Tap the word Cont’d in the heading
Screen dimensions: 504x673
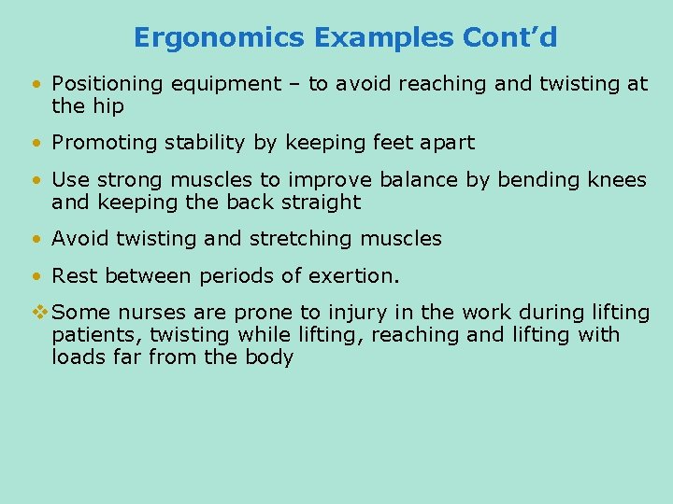pos(509,37)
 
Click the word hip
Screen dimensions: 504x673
pos(107,106)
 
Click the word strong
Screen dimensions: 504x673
pos(134,179)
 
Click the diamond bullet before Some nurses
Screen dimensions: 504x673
pos(38,312)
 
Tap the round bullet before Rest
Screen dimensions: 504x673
pos(36,275)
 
